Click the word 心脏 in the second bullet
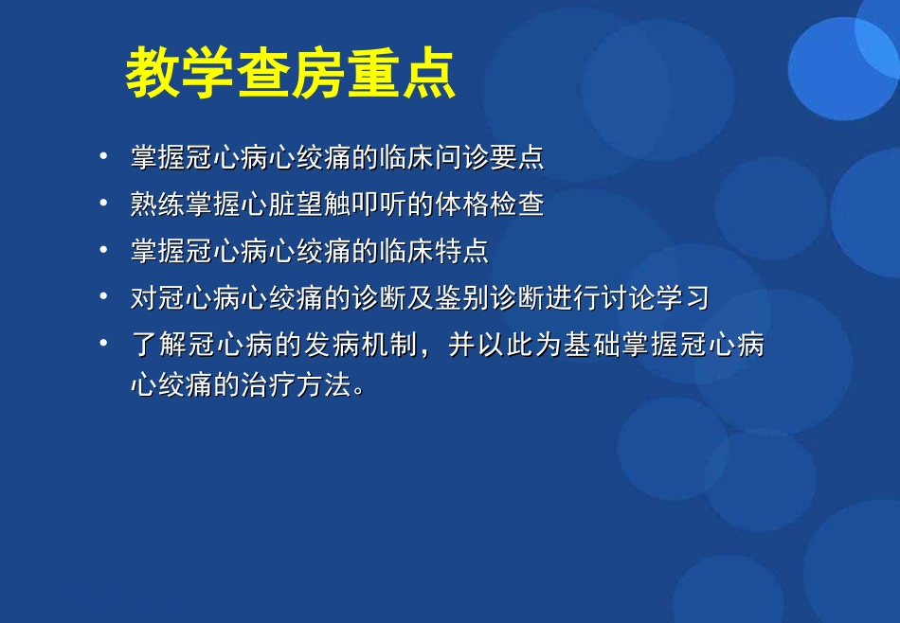pyautogui.click(x=268, y=205)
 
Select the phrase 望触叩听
pyautogui.click(x=351, y=205)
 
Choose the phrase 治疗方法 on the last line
pyautogui.click(x=297, y=385)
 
